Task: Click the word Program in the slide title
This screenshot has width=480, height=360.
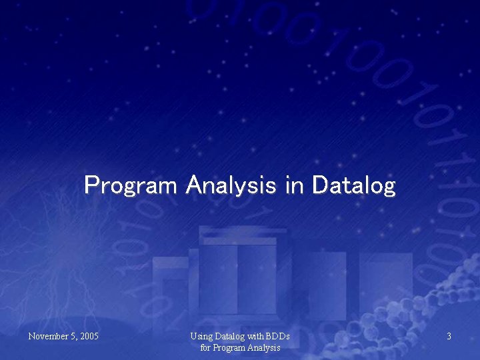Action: tap(131, 185)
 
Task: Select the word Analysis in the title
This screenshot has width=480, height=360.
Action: tap(231, 185)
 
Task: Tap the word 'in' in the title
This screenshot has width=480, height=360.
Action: tap(294, 184)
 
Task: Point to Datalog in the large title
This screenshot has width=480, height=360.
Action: tap(353, 185)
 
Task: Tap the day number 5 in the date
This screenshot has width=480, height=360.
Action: tap(73, 337)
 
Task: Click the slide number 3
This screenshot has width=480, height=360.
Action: tap(449, 337)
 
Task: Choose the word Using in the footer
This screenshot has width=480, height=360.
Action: tap(201, 337)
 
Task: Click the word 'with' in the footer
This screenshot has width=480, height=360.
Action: tap(257, 337)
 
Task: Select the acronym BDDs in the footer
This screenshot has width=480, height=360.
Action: tap(279, 337)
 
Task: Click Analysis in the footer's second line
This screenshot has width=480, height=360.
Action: tap(264, 347)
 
